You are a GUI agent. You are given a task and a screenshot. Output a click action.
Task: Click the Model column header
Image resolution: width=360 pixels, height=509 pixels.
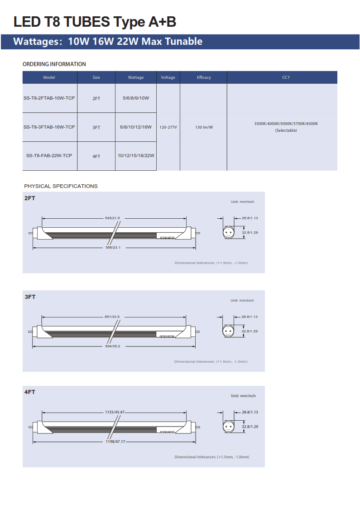pyautogui.click(x=49, y=77)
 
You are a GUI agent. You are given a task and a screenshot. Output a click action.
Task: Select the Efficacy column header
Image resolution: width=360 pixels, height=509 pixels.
pyautogui.click(x=204, y=77)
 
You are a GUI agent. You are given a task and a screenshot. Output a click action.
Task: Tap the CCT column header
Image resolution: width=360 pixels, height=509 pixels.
pyautogui.click(x=286, y=77)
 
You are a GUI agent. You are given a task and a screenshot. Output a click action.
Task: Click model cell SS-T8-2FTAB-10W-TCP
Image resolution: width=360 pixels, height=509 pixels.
pyautogui.click(x=49, y=98)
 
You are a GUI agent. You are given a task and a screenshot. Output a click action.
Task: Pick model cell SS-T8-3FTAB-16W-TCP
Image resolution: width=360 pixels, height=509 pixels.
pyautogui.click(x=49, y=127)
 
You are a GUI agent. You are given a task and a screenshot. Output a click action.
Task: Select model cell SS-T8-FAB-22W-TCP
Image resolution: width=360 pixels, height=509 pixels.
pyautogui.click(x=49, y=156)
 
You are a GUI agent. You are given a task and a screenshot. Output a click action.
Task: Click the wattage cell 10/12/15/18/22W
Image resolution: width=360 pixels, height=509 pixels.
pyautogui.click(x=136, y=156)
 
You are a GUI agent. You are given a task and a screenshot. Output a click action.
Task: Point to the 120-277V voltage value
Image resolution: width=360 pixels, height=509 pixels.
pyautogui.click(x=168, y=127)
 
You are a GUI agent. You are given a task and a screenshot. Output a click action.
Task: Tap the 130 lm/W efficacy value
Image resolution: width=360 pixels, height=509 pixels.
pyautogui.click(x=204, y=127)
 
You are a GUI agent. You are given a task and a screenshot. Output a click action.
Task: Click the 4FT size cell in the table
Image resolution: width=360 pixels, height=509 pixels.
pyautogui.click(x=96, y=156)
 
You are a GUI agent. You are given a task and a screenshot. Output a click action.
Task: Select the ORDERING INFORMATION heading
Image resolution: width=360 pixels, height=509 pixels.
pyautogui.click(x=54, y=64)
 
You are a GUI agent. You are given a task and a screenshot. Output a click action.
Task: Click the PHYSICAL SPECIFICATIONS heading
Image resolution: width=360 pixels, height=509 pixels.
pyautogui.click(x=61, y=186)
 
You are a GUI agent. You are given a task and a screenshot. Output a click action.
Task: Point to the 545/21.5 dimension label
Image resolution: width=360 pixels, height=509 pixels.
pyautogui.click(x=112, y=218)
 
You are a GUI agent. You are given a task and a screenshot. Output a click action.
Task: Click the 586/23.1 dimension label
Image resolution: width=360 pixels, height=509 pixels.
pyautogui.click(x=113, y=248)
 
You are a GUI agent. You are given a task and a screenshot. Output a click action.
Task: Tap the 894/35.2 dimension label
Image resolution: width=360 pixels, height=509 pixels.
pyautogui.click(x=112, y=346)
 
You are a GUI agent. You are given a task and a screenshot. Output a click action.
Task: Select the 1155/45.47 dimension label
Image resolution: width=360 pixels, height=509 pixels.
pyautogui.click(x=115, y=413)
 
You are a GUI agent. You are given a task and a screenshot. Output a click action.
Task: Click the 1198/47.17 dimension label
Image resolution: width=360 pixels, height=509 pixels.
pyautogui.click(x=115, y=442)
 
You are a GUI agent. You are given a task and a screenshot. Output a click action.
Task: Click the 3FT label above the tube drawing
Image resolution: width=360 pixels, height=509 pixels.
pyautogui.click(x=30, y=297)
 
